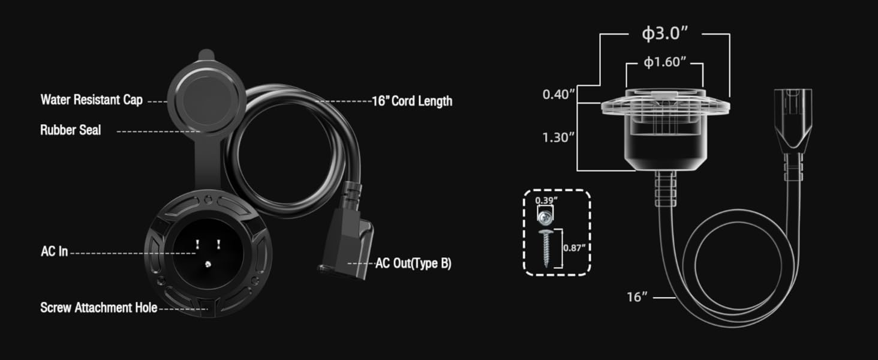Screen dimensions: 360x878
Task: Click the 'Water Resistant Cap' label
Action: point(91,100)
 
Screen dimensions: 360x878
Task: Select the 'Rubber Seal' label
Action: point(70,130)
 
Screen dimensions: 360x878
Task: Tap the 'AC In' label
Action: point(54,251)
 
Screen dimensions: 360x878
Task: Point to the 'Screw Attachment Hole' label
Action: point(98,308)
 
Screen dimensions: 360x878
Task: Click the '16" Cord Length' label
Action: point(412,101)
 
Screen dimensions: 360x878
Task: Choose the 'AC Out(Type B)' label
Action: point(413,263)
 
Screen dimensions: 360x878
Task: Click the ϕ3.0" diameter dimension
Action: point(664,34)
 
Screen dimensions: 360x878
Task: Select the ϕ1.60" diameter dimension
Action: point(664,62)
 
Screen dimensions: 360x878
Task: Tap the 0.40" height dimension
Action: point(559,94)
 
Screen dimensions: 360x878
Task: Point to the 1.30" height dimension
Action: point(559,137)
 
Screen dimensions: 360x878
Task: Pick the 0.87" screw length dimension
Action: point(575,247)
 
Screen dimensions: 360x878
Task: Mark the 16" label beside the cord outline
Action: point(638,296)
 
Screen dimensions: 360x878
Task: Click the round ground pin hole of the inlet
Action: point(208,263)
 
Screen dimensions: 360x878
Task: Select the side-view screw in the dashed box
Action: point(546,247)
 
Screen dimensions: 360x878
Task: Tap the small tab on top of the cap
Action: point(205,55)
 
